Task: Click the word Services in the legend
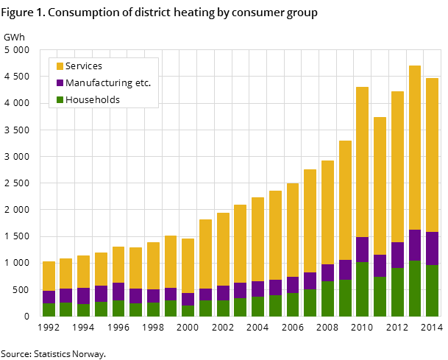(x=83, y=66)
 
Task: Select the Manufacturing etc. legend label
(x=107, y=83)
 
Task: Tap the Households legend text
(x=92, y=100)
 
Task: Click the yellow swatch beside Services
(x=60, y=66)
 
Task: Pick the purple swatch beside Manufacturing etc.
(x=60, y=83)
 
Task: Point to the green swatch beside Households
(x=60, y=100)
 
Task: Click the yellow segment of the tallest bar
(x=415, y=147)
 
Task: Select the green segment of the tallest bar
(x=415, y=288)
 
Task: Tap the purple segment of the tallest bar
(x=415, y=245)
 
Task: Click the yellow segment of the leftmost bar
(x=49, y=276)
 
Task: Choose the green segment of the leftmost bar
(x=49, y=309)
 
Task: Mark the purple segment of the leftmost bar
(x=49, y=297)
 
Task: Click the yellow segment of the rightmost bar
(x=432, y=155)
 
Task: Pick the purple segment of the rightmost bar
(x=432, y=248)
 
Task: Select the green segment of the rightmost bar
(x=432, y=290)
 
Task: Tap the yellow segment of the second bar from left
(x=66, y=273)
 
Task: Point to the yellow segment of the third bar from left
(x=83, y=272)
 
